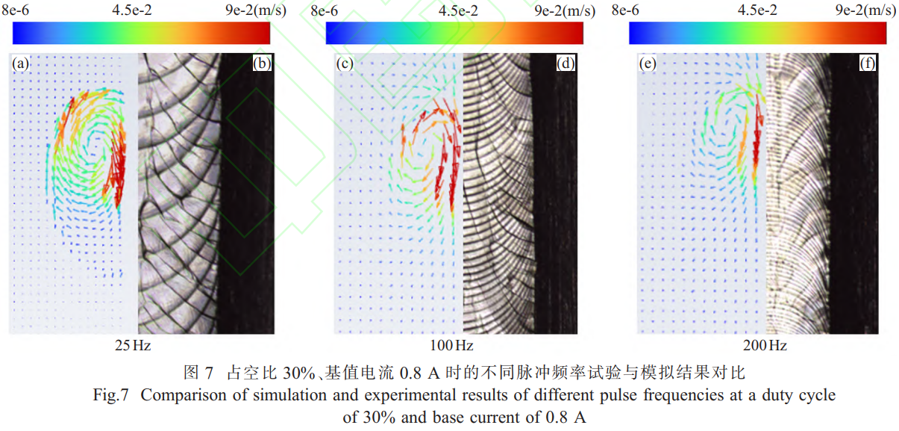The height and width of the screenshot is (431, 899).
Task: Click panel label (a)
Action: (x=21, y=64)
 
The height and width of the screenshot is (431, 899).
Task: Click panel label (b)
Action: (x=262, y=64)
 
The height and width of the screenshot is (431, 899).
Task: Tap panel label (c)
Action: (x=345, y=64)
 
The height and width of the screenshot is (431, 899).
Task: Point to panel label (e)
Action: (x=648, y=64)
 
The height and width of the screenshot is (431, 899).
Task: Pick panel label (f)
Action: (x=867, y=64)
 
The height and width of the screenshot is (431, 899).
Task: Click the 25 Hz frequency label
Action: (x=133, y=346)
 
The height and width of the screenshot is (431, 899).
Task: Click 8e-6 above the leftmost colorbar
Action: (x=16, y=10)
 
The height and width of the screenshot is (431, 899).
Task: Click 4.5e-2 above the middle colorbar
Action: (x=460, y=10)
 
